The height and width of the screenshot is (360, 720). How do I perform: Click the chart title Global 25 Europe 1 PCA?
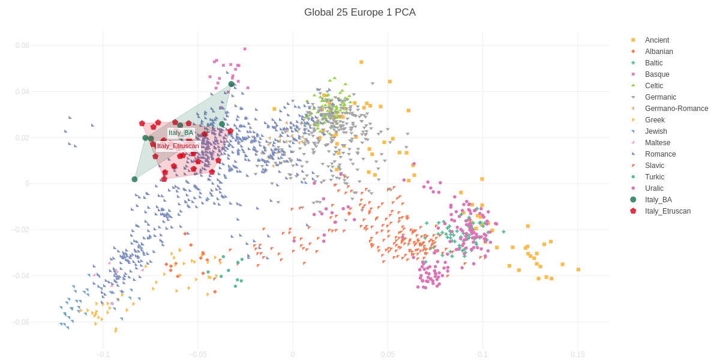[359, 13]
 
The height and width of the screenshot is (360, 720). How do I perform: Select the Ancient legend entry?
[656, 40]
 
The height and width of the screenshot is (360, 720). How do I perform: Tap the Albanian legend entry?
[658, 52]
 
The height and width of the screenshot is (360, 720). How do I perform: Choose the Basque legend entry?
[656, 74]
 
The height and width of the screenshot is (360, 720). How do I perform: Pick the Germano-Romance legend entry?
[676, 109]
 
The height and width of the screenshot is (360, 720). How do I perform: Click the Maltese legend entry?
[657, 143]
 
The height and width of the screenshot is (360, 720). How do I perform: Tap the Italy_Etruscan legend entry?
[667, 211]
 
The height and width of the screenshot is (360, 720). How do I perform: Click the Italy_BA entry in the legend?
[658, 200]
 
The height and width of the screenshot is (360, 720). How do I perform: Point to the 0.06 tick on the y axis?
[22, 46]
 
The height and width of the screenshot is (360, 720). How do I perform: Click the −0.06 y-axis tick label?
[20, 322]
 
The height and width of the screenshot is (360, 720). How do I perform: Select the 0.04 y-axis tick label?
[22, 92]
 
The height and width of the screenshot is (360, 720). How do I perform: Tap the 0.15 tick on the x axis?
[577, 355]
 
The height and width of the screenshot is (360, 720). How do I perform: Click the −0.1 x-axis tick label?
[103, 355]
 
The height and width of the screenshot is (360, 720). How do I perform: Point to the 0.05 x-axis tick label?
[388, 355]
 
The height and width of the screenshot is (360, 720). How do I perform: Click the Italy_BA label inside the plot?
[181, 133]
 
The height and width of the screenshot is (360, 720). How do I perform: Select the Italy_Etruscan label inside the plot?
[178, 146]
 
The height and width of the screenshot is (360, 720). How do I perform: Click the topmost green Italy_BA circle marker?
[232, 84]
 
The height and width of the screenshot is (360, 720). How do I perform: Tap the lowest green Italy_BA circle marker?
[134, 179]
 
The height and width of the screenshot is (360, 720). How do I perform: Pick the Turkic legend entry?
[655, 177]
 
